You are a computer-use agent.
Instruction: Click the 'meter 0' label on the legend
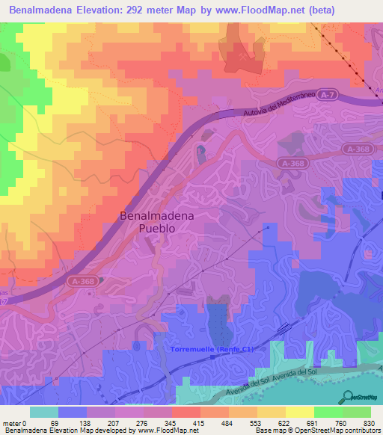tap(14, 423)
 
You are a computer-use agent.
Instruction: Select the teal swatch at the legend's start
tap(44, 412)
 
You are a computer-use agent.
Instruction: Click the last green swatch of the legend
tap(358, 412)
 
